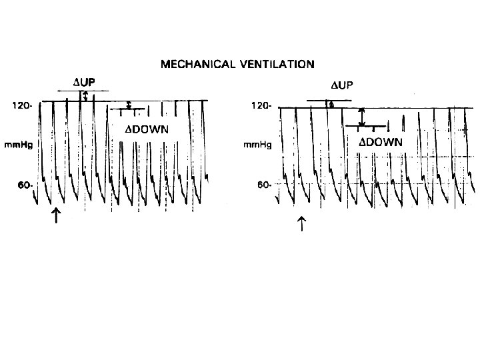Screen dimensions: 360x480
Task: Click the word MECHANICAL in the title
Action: (x=195, y=65)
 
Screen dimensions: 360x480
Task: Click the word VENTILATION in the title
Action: (x=275, y=65)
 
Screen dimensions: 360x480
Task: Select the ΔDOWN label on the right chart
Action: (x=381, y=142)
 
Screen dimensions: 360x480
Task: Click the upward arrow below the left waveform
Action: (x=57, y=214)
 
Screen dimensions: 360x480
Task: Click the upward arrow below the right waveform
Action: (x=301, y=222)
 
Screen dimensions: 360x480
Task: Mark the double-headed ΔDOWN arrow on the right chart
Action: (x=361, y=116)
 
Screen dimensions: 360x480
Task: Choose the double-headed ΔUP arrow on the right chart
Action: (x=331, y=103)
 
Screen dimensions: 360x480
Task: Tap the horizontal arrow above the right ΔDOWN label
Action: (x=367, y=125)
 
